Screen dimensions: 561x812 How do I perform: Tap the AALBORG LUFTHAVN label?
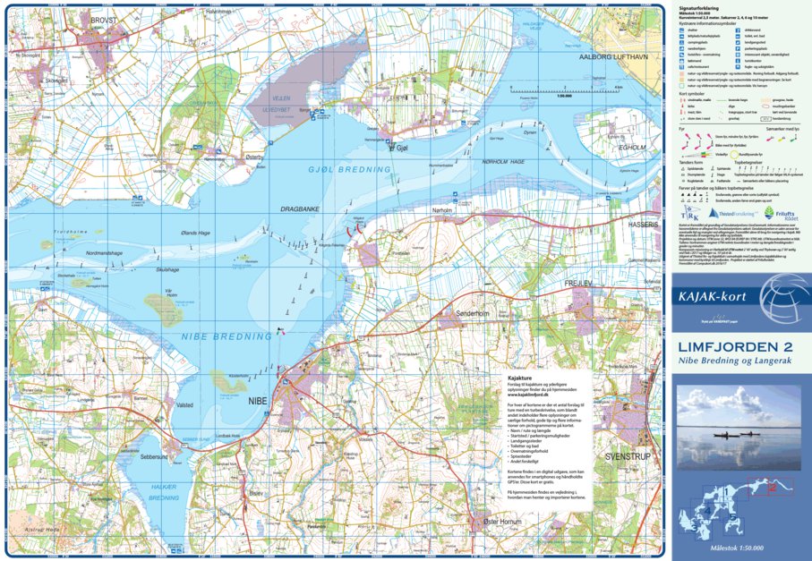(x=612, y=56)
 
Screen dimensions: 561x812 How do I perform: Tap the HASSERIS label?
(x=643, y=225)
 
